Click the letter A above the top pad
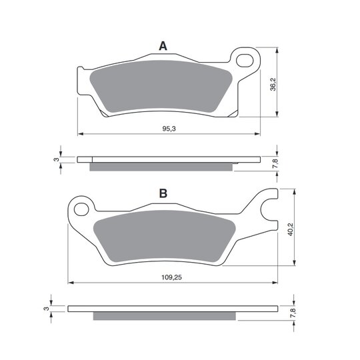(163, 46)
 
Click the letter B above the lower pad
(163, 193)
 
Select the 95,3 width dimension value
(169, 129)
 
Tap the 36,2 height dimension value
(273, 84)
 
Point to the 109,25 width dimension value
(171, 277)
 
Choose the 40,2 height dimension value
(291, 229)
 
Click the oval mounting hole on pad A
(245, 61)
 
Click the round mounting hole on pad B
(81, 209)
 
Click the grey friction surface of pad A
(161, 87)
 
